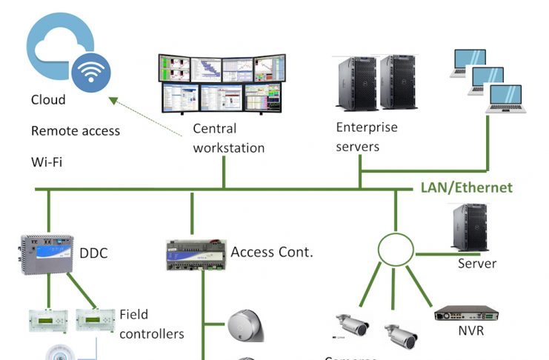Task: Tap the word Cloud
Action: click(x=48, y=100)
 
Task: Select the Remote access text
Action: click(x=76, y=131)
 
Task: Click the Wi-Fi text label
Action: click(x=46, y=161)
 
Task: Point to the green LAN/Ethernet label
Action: click(x=466, y=187)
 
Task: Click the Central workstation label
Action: click(x=228, y=138)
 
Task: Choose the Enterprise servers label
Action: click(x=367, y=136)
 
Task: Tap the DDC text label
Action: click(x=93, y=254)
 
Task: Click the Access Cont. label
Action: click(x=272, y=252)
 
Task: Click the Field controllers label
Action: click(x=151, y=324)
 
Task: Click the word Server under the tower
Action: click(x=476, y=264)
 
